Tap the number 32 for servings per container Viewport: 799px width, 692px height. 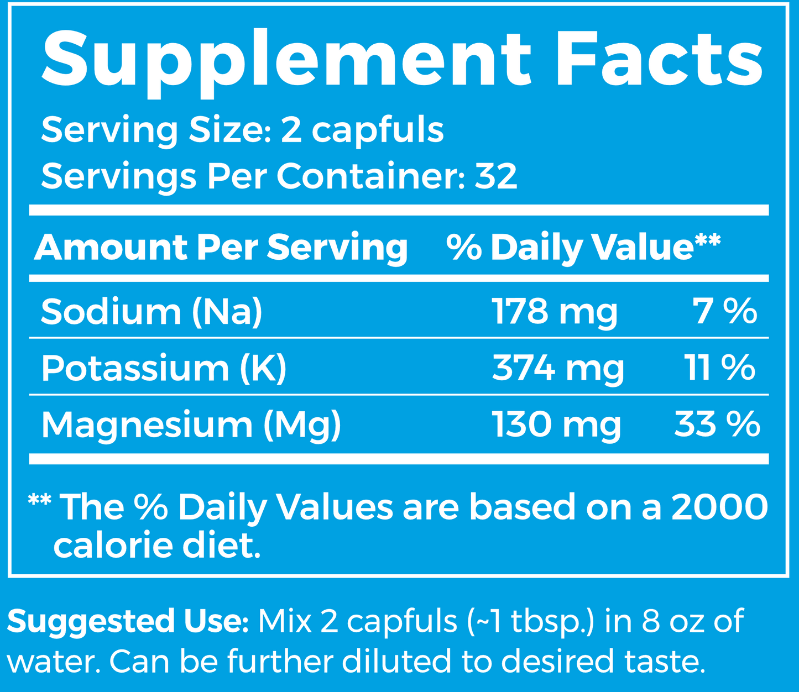tap(496, 176)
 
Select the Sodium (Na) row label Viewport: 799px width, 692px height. tap(152, 311)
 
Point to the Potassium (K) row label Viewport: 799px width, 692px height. tap(164, 368)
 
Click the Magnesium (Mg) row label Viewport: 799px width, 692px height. tap(191, 426)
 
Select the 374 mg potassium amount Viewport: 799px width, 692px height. tap(558, 369)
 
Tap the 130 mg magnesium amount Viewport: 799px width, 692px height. tap(557, 426)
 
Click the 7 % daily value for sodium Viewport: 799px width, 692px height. tap(725, 311)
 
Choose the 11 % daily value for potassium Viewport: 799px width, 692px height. tap(720, 368)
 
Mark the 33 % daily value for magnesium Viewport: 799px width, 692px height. tap(717, 425)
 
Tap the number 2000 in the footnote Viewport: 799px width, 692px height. tap(719, 507)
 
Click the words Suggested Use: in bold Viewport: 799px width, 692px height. tap(128, 621)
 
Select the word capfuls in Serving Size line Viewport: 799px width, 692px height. tap(378, 131)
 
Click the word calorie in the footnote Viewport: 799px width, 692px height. tap(113, 546)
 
